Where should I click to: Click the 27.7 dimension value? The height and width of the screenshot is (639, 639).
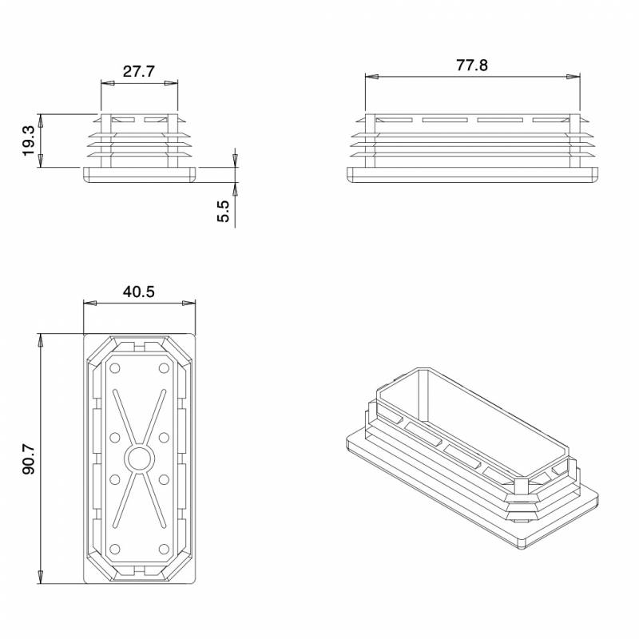click(139, 71)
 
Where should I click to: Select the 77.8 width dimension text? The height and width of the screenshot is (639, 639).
click(472, 65)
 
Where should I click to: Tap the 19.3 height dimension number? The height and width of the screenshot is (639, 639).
click(29, 141)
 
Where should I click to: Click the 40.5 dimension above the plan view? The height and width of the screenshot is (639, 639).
click(139, 292)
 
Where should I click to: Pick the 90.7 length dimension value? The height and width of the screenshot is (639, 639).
click(29, 458)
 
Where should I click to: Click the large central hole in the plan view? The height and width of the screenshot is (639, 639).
click(140, 458)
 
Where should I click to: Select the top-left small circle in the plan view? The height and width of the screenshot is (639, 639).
click(115, 368)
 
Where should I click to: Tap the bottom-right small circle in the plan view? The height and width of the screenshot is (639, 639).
click(165, 548)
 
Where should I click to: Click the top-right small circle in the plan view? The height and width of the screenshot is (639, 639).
click(165, 368)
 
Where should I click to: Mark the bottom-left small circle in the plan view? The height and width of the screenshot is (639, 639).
click(115, 548)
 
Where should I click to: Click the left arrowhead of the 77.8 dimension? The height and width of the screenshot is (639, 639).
click(370, 77)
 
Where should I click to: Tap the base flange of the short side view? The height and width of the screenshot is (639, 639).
click(140, 175)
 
